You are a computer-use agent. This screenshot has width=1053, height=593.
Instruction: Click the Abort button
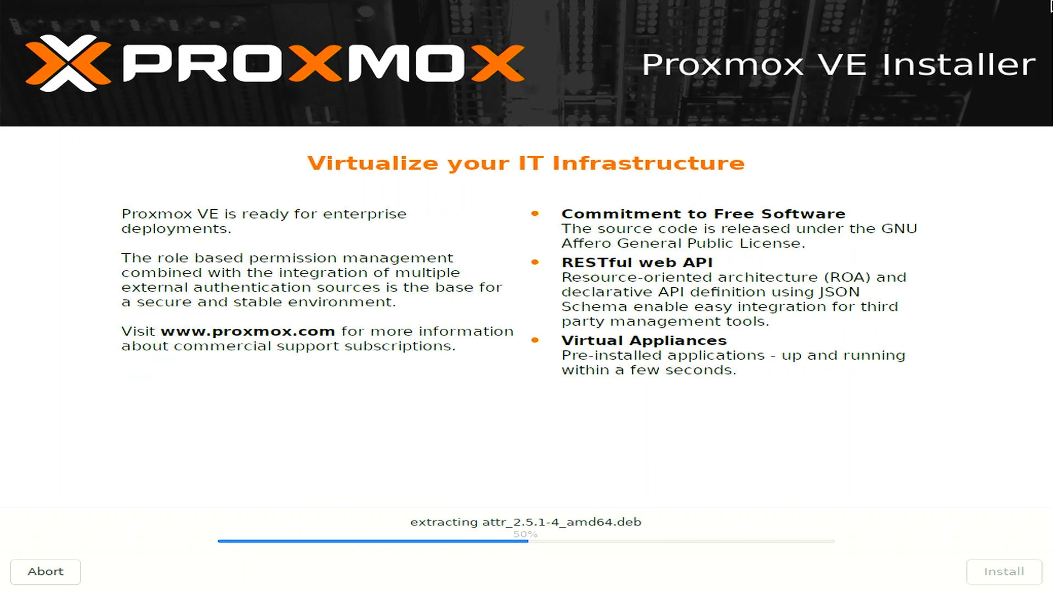[x=46, y=572]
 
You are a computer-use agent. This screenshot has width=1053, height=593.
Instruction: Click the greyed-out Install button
[x=1004, y=572]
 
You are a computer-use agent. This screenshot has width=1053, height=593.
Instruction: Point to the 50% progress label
[x=525, y=534]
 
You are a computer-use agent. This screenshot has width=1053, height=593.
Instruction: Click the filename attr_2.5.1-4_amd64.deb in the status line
[x=562, y=522]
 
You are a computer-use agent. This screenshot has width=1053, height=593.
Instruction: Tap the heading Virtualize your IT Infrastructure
[x=526, y=163]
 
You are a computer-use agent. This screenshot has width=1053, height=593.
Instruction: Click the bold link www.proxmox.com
[x=248, y=332]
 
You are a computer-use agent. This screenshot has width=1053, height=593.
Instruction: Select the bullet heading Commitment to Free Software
[x=703, y=214]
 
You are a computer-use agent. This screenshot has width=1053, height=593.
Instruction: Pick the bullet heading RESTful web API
[x=637, y=262]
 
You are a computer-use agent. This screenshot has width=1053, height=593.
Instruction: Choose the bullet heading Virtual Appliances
[x=644, y=340]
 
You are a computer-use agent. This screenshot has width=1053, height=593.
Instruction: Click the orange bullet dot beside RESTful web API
[x=535, y=262]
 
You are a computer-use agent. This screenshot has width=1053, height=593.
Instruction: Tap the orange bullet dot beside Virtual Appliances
[x=535, y=340]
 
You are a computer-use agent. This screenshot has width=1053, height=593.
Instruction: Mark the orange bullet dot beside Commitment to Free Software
[x=535, y=214]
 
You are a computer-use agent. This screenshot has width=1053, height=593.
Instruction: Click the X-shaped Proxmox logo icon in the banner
[x=68, y=63]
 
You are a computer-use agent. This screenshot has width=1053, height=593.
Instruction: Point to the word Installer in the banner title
[x=959, y=64]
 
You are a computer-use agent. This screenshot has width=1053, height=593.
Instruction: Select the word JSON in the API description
[x=839, y=292]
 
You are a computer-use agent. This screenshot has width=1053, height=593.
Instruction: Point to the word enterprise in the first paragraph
[x=365, y=214]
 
